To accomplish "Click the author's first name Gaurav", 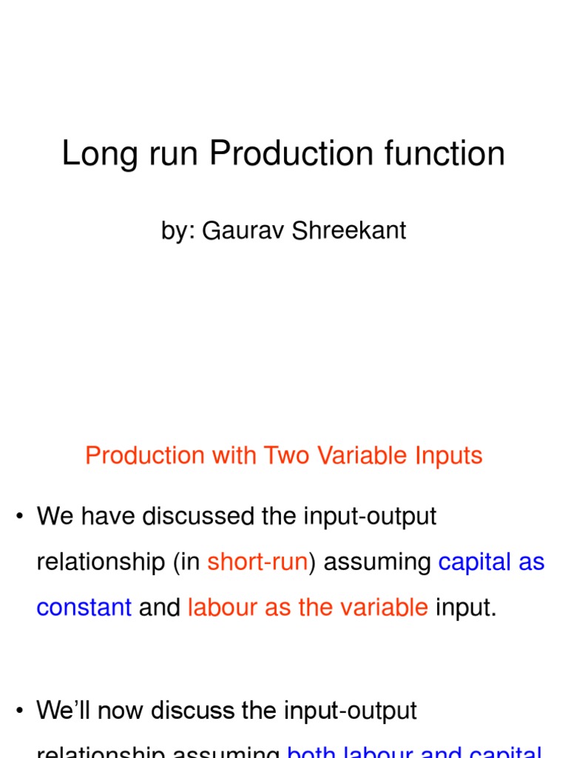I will click(x=234, y=230).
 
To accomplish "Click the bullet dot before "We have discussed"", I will click(x=19, y=517).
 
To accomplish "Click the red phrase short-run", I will click(x=257, y=562).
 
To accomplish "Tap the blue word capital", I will click(x=474, y=562).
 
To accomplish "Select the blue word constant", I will click(x=84, y=608).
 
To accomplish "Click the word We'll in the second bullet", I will click(x=64, y=711).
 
